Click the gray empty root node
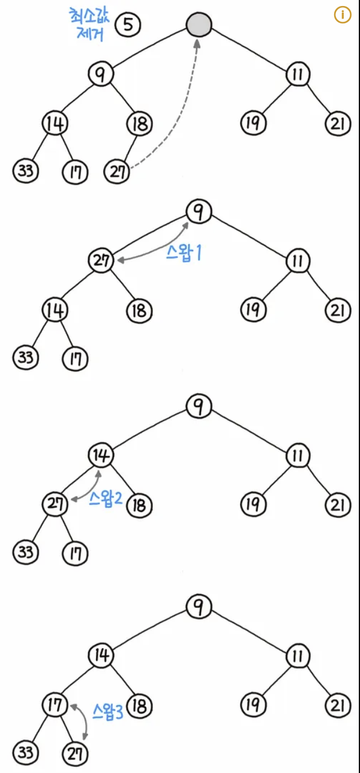click(x=199, y=25)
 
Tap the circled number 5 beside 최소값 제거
click(x=128, y=25)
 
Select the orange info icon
click(x=342, y=15)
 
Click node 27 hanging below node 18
click(x=117, y=172)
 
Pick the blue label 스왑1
click(x=183, y=253)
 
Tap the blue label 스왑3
click(x=109, y=712)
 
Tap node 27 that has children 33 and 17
click(x=55, y=504)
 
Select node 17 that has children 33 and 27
click(x=55, y=705)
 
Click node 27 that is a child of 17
click(x=76, y=753)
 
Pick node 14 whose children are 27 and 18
click(x=100, y=456)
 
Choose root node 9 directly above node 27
click(x=199, y=211)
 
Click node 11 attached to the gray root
click(x=298, y=74)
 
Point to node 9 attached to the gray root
click(x=100, y=74)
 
